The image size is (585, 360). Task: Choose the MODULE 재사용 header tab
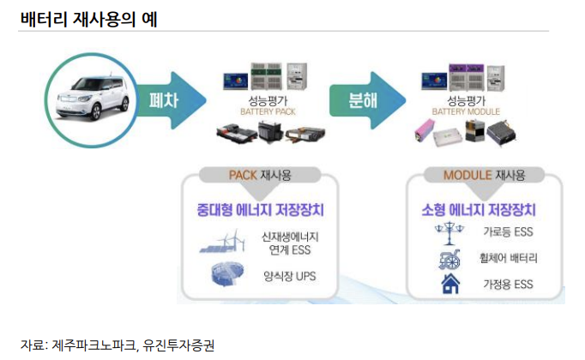tap(484, 176)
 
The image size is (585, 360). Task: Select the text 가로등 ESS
tap(508, 231)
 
